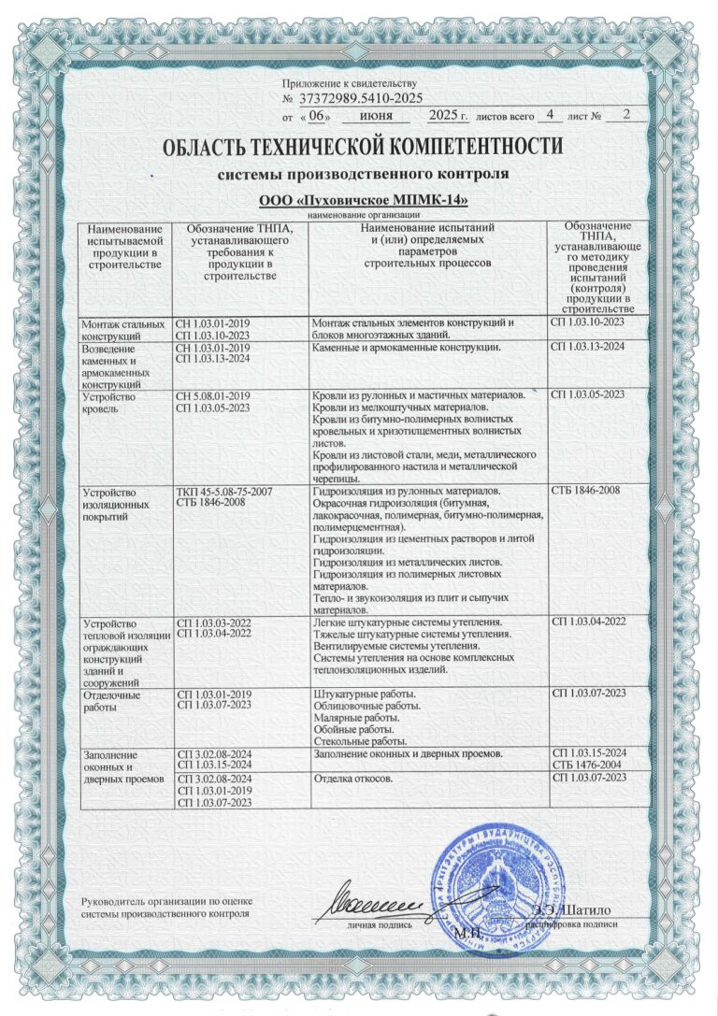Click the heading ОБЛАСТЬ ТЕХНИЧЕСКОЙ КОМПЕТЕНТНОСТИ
362,148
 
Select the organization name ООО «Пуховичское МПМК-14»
362,201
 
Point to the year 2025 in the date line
445,116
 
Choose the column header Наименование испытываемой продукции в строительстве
124,247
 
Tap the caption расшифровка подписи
572,922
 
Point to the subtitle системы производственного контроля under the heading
362,174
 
